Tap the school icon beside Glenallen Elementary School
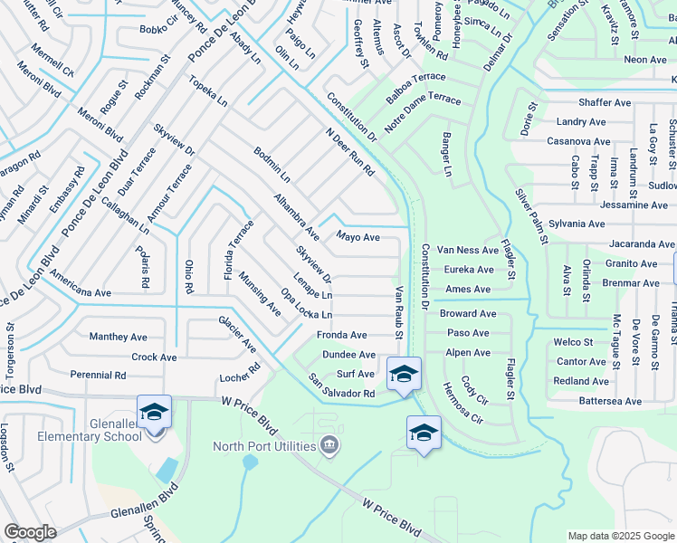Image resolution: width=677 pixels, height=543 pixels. pos(154,412)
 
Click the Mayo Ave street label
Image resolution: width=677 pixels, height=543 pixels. pos(358,237)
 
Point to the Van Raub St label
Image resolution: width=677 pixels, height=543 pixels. pos(399,313)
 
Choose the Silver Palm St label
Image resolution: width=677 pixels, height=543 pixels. pos(531,216)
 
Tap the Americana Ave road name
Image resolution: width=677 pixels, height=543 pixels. pos(81,293)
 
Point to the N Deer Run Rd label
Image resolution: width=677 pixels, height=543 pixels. pos(350,152)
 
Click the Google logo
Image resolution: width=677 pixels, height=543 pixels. pos(30,532)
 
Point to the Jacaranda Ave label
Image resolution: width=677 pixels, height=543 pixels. pos(642,244)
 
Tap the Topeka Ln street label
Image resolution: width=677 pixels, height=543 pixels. pos(208,92)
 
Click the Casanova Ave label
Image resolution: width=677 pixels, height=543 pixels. pos(576,142)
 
